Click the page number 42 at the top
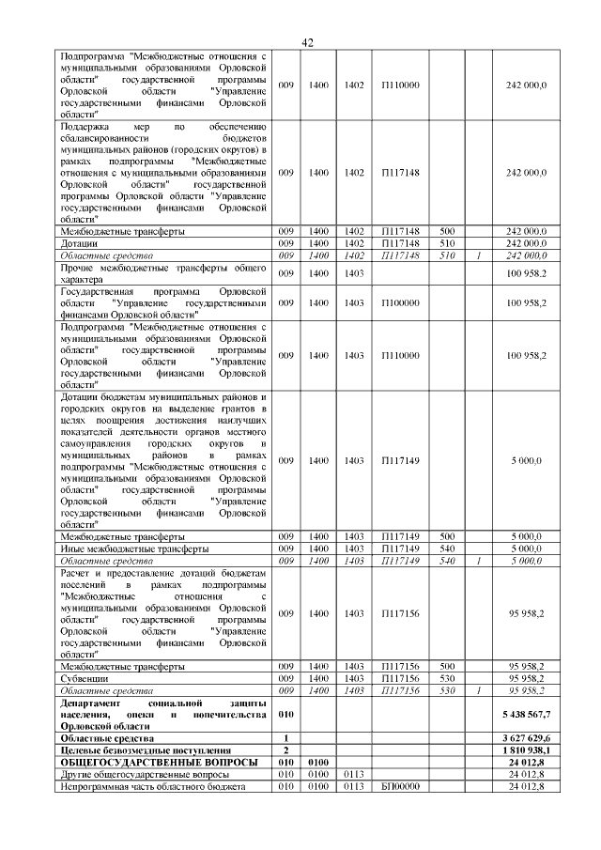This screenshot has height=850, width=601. click(306, 42)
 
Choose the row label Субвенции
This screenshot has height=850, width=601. click(84, 677)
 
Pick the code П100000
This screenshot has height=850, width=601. click(400, 302)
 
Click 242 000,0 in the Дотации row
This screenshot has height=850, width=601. click(526, 243)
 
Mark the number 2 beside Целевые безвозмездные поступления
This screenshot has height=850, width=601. click(285, 750)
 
